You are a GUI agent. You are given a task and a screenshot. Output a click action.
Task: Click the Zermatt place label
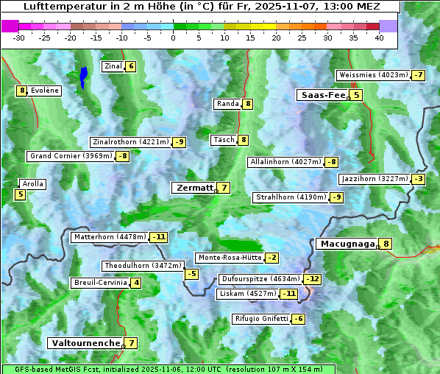click(194, 188)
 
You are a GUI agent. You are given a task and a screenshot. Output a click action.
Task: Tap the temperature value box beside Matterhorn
click(158, 237)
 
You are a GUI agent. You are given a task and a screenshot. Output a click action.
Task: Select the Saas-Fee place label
click(322, 95)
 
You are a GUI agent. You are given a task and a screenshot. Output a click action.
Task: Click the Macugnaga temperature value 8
click(386, 244)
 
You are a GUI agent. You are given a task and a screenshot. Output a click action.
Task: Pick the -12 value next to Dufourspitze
click(313, 279)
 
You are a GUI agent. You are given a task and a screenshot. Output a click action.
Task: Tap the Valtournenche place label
click(84, 343)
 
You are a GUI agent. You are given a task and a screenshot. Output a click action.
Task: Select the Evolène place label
click(45, 91)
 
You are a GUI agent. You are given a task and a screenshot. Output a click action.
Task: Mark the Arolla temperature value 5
click(20, 195)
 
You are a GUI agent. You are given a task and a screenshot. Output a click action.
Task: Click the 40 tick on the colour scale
click(379, 38)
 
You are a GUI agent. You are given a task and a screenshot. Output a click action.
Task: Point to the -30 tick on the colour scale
click(19, 38)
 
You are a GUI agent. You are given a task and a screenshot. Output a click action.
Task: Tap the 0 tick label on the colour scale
click(173, 38)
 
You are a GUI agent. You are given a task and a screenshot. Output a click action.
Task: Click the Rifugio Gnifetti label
click(261, 319)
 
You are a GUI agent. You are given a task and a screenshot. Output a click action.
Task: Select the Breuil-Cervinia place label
click(99, 283)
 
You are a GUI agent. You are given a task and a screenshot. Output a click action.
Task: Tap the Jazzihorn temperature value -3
click(418, 179)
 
